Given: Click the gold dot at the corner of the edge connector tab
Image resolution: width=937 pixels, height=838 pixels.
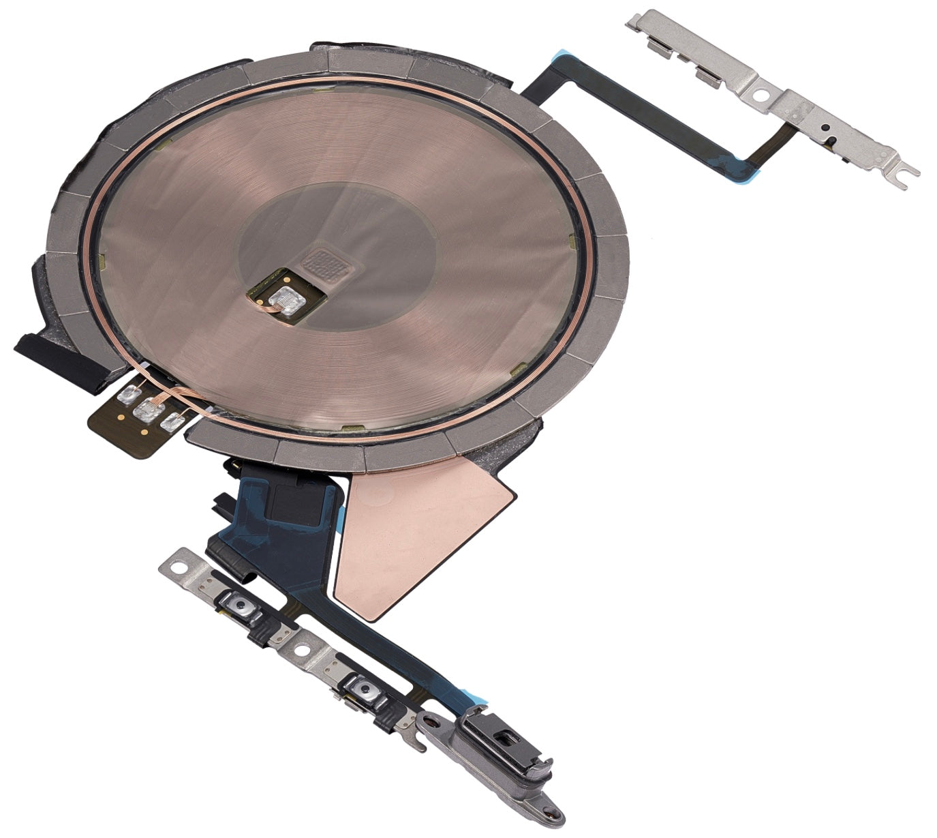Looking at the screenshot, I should [120, 413].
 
